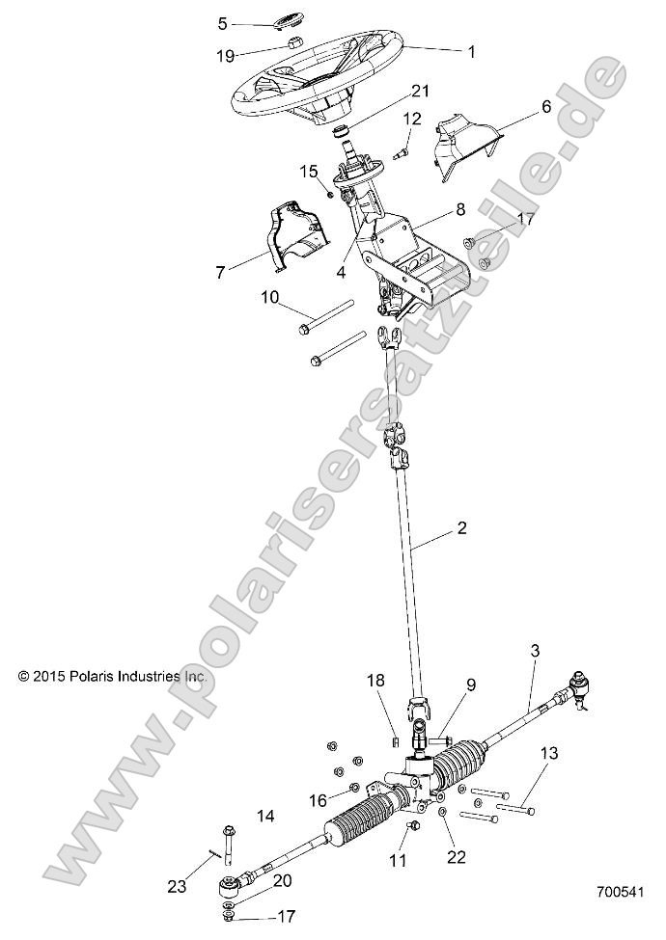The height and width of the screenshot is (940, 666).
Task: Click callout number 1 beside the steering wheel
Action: (471, 51)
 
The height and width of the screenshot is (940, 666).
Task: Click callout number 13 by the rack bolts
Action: (548, 753)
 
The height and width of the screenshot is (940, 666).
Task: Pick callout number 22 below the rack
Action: (456, 855)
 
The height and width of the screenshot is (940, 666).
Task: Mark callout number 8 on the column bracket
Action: (459, 208)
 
